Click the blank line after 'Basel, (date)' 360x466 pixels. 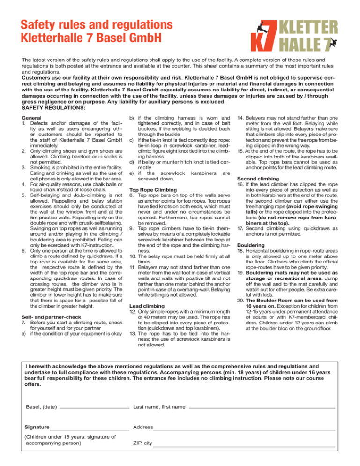[x=94, y=407]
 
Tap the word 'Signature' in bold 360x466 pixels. [x=37, y=428]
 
